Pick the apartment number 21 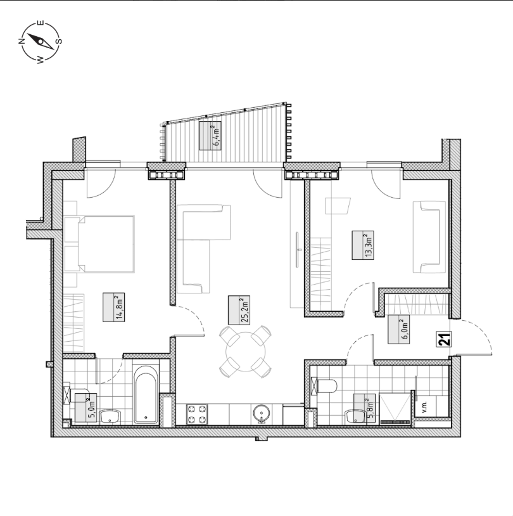[444, 339]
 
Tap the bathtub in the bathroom [146, 394]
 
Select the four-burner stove [197, 414]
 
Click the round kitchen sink [262, 414]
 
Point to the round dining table [245, 352]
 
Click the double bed [99, 244]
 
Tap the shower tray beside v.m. [395, 408]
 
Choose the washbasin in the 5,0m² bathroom [110, 416]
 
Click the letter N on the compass [21, 41]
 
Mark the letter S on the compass [59, 41]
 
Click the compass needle [40, 41]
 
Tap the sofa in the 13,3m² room [429, 237]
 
